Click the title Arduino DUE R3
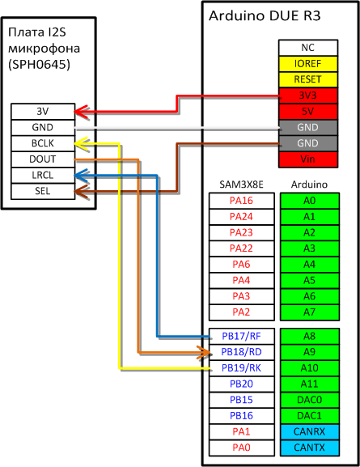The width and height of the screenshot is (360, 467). pos(265,16)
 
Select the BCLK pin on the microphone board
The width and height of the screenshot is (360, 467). pos(43,143)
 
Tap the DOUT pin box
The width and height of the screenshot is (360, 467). pos(43,159)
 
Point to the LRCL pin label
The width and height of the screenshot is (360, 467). pos(43,175)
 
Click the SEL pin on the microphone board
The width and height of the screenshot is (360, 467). pos(43,191)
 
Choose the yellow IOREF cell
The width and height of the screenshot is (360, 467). pos(308,64)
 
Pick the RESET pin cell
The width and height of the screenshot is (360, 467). pos(308,79)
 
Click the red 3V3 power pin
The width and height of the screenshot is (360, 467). pos(308,96)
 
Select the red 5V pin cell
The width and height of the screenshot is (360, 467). pos(308,112)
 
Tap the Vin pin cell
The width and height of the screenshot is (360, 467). pos(308,159)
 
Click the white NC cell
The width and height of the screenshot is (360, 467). pos(308,48)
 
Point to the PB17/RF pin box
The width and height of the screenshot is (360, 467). pos(242,336)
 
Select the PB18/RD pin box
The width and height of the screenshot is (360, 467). pos(242,352)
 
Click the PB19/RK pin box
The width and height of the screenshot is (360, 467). pos(242,368)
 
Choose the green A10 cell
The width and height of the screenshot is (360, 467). pos(310,368)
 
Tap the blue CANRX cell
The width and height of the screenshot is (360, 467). pos(310,431)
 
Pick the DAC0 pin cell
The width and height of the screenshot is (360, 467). pos(310,400)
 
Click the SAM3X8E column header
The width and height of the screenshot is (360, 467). pos(242,185)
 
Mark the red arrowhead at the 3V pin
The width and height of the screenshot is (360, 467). pos(80,112)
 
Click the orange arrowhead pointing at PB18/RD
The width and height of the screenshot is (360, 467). pos(205,353)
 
